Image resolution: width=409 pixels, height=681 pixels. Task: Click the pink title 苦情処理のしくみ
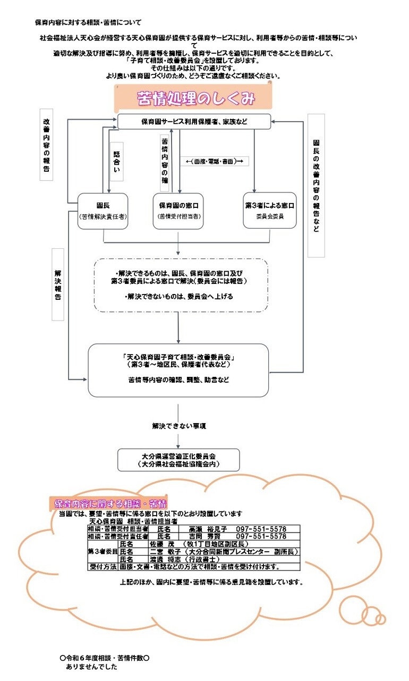(x=196, y=98)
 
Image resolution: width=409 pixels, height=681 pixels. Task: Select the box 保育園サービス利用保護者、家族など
(x=194, y=122)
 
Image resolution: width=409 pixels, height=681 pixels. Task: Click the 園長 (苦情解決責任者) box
(x=103, y=211)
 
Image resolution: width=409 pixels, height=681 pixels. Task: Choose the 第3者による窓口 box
(x=269, y=211)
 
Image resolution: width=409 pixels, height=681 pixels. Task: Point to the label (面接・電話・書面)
(x=215, y=161)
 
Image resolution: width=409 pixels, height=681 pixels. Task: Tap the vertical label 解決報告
(x=58, y=284)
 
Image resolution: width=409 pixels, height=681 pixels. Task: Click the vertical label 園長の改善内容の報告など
(x=316, y=186)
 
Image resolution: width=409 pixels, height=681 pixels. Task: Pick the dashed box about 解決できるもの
(x=181, y=285)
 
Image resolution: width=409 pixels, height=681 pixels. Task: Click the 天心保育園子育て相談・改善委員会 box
(x=178, y=370)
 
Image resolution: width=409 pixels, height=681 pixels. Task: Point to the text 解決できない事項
(x=179, y=426)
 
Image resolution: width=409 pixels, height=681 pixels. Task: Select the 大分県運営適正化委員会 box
(x=178, y=460)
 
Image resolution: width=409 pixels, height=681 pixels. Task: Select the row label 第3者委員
(x=103, y=552)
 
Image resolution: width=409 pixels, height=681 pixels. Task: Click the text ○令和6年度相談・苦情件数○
(x=105, y=658)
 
